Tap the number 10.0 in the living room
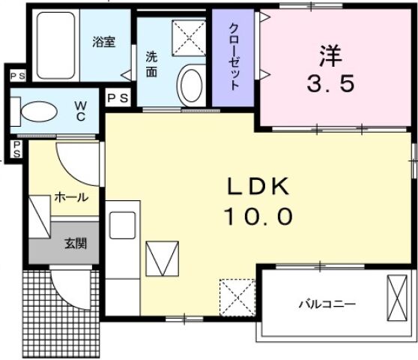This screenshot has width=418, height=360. click(257, 217)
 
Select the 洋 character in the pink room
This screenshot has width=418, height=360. click(330, 55)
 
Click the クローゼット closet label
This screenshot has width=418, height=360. click(233, 56)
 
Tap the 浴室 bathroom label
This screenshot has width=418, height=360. click(103, 41)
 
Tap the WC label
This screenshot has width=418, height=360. click(79, 112)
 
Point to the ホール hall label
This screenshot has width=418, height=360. click(71, 198)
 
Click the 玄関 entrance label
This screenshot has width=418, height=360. click(73, 243)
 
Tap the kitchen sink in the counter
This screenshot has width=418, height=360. click(122, 224)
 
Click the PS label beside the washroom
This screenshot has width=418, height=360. click(117, 97)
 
